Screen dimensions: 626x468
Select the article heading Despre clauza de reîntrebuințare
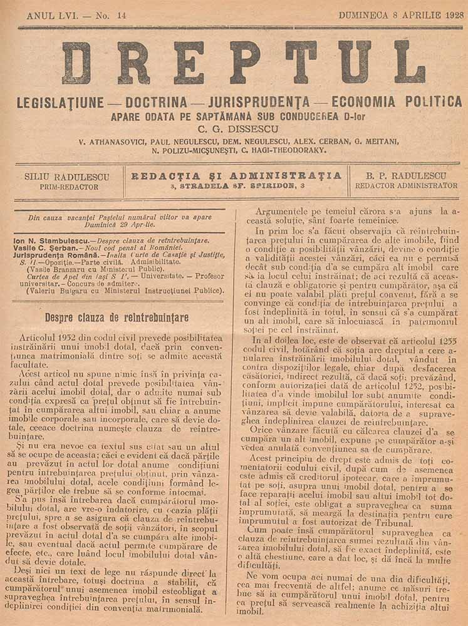click(x=117, y=318)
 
